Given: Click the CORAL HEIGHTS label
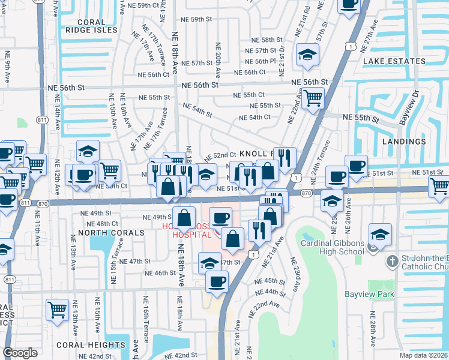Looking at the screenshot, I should tap(90, 345).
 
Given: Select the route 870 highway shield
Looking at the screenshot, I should tap(306, 193).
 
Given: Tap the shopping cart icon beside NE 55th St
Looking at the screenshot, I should tap(313, 97).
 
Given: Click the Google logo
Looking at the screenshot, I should tap(20, 353).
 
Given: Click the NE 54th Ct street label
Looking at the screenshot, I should tap(255, 117).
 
